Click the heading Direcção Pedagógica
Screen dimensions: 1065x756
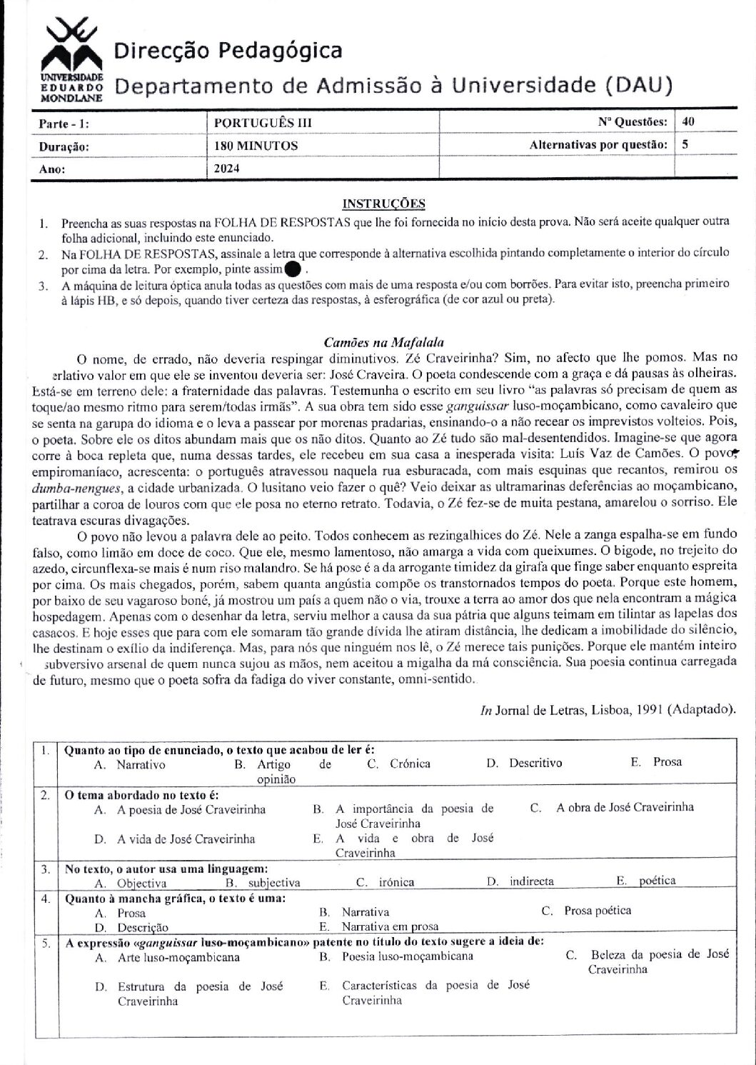pos(228,51)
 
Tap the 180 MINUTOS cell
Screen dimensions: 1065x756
pos(256,146)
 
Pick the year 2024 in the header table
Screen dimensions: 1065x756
pos(227,169)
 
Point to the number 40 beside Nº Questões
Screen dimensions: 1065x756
pos(688,122)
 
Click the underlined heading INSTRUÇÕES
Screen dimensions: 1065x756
pos(383,204)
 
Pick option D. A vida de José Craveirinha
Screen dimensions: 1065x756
pos(176,839)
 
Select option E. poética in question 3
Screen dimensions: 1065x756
pos(646,881)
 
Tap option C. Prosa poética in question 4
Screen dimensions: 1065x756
pos(586,910)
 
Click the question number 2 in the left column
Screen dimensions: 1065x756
pos(44,795)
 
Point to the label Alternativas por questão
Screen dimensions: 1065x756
pos(598,145)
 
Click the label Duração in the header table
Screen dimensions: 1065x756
pos(64,146)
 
